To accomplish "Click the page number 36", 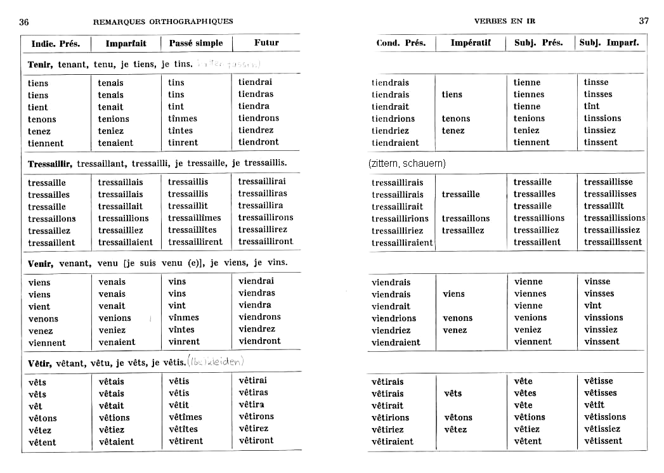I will (x=24, y=22).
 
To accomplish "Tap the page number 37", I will (x=644, y=21).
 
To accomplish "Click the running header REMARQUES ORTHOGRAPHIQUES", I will (x=163, y=22).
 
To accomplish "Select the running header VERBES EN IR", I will (x=505, y=21).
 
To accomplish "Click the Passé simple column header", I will (x=196, y=43).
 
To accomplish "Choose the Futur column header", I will (x=266, y=43).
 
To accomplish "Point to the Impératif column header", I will (x=471, y=43).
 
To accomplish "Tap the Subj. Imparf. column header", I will (x=609, y=43).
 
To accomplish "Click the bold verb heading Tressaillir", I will (x=50, y=164).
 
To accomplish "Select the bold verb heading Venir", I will (x=41, y=262).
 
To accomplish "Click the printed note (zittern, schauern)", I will (x=407, y=164).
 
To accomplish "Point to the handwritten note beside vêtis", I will (x=216, y=361).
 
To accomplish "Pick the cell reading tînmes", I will (x=183, y=119).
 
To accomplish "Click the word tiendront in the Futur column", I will (x=259, y=142).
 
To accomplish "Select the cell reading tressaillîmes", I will (x=195, y=218).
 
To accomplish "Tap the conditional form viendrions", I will (x=394, y=318).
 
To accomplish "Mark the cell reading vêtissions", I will (x=605, y=417).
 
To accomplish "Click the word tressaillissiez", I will (x=612, y=230).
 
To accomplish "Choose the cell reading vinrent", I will (x=184, y=342).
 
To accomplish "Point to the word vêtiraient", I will (x=392, y=441).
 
